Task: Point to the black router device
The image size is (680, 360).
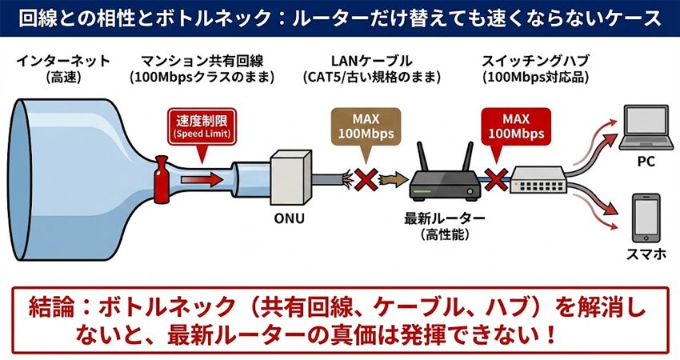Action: (x=445, y=181)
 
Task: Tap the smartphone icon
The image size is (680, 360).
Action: (x=646, y=218)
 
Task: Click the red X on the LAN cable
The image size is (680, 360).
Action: (x=368, y=179)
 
